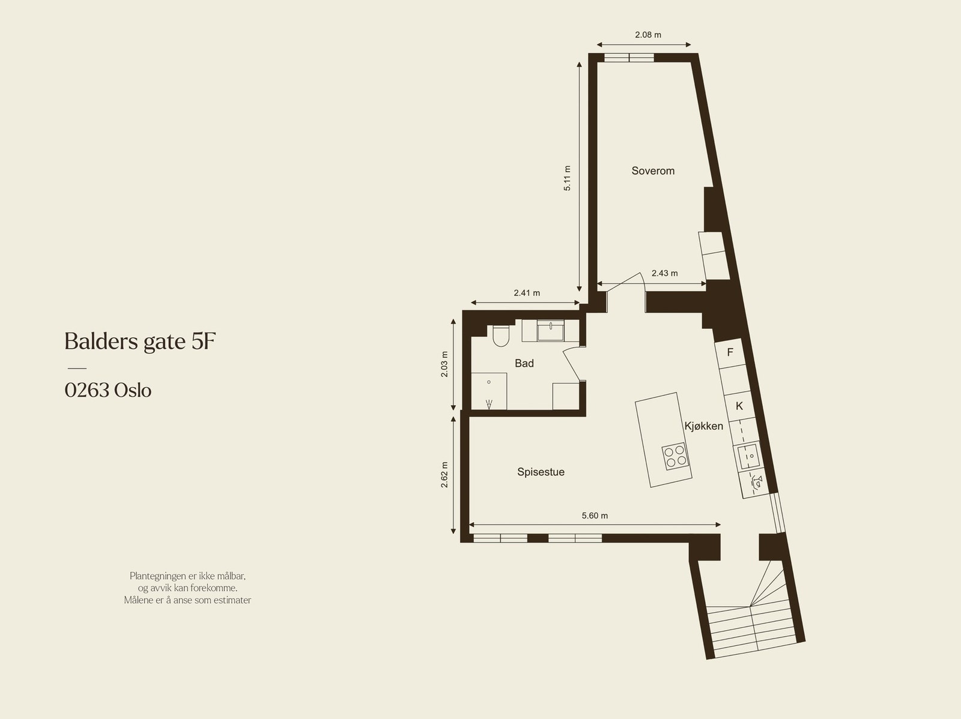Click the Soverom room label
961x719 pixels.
(653, 171)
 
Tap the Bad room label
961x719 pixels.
(524, 363)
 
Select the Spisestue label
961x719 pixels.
(541, 472)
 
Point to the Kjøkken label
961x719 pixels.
(703, 426)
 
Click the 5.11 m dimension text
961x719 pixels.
(568, 178)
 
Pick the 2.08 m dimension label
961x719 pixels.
(647, 35)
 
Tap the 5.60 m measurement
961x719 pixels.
(595, 516)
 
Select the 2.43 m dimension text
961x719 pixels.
(664, 273)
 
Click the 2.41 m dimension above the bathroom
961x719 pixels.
(527, 293)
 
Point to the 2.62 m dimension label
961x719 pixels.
(445, 474)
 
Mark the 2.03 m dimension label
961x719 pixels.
(445, 364)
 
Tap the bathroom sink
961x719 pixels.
(551, 331)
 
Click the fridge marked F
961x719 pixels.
(730, 352)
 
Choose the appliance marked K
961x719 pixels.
(739, 406)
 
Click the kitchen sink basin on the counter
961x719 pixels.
(748, 456)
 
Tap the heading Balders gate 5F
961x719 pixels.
(140, 341)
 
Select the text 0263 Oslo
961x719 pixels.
(108, 391)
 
